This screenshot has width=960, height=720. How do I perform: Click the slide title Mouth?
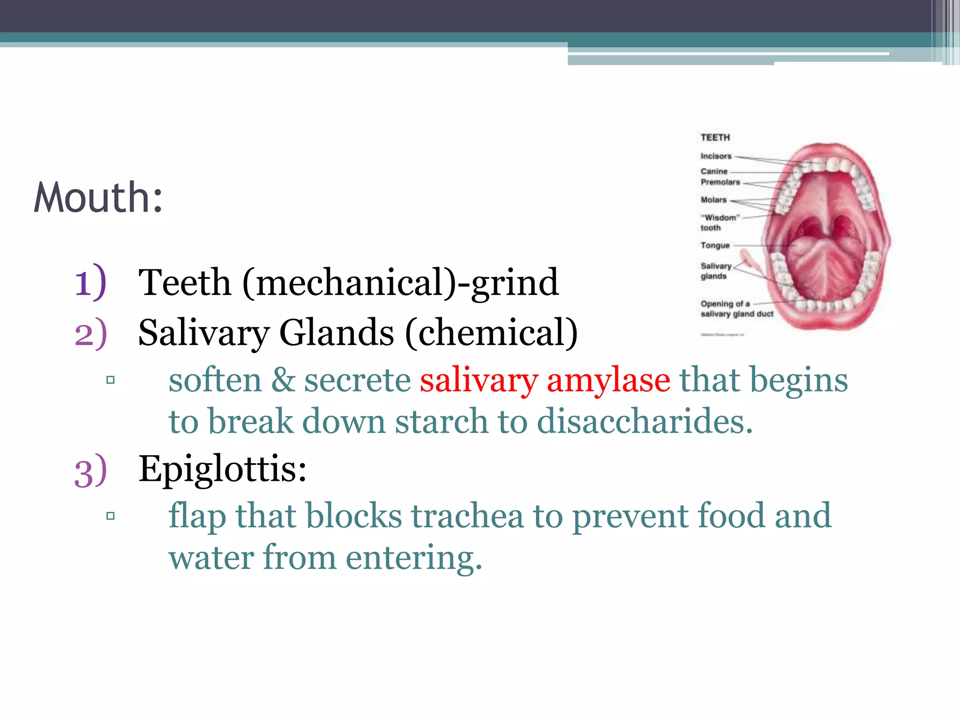click(x=98, y=198)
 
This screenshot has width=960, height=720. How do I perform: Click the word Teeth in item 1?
click(x=185, y=283)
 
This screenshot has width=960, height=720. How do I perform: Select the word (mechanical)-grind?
click(x=400, y=283)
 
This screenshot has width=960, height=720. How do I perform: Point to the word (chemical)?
click(x=491, y=332)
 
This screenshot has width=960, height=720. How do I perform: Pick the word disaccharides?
click(x=645, y=421)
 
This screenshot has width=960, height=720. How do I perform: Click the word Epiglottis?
click(x=222, y=469)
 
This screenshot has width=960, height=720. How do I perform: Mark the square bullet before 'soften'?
click(x=111, y=380)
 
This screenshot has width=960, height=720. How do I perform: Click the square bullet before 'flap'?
click(x=111, y=516)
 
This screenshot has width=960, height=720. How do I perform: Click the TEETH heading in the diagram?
click(x=715, y=137)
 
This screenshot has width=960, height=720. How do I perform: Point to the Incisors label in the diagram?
click(x=716, y=156)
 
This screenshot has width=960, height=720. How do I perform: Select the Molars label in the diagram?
click(x=713, y=200)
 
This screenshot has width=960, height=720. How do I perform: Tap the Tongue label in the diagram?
click(x=715, y=245)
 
